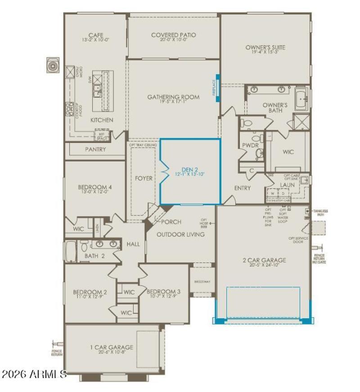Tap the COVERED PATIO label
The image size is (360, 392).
[173, 35]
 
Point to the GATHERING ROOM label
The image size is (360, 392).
[173, 97]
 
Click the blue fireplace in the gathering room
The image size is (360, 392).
[217, 88]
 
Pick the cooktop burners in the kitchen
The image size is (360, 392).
[70, 109]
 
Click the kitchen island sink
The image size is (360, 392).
[97, 94]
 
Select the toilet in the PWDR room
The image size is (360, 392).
[259, 154]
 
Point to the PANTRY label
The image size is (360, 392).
[95, 149]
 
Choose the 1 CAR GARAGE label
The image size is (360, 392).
[111, 347]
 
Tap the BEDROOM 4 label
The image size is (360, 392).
[94, 187]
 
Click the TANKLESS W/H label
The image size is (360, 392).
[320, 212]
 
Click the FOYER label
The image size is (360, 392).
[144, 178]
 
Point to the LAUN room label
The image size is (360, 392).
[287, 184]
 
